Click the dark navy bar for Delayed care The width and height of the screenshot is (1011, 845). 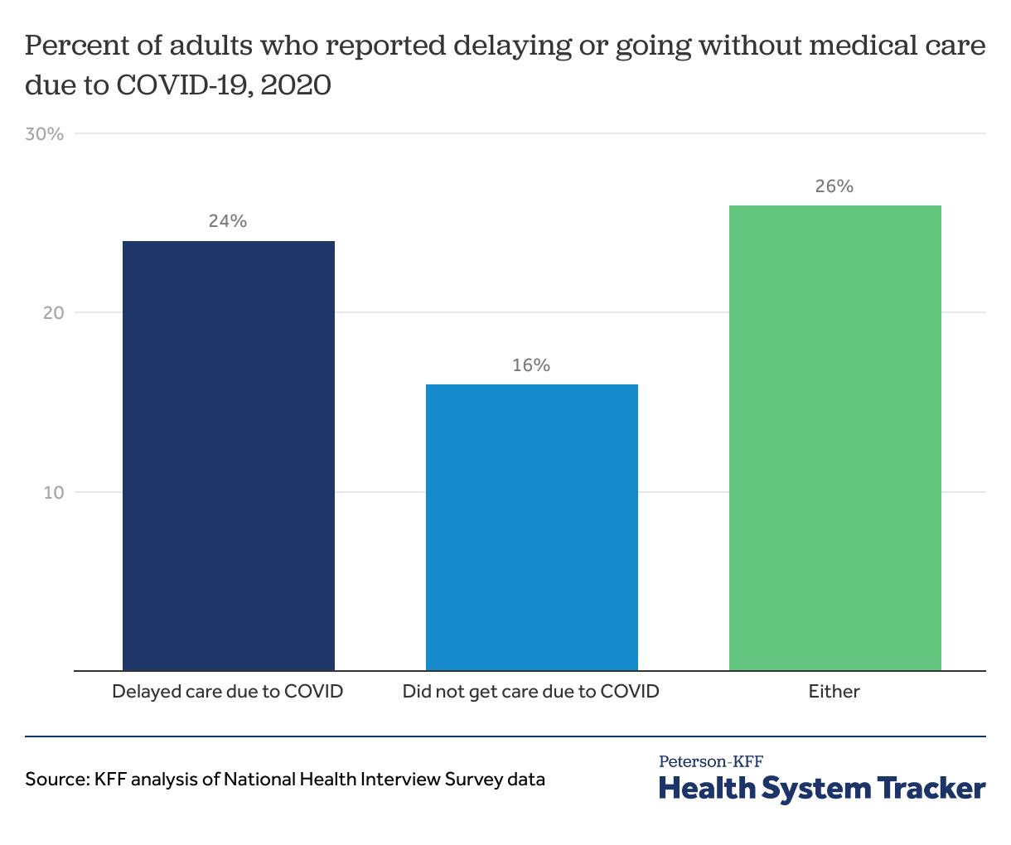click(x=228, y=456)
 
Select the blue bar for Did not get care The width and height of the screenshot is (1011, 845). click(x=531, y=527)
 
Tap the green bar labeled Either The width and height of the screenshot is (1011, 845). click(x=834, y=437)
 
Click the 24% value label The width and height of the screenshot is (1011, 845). click(x=228, y=221)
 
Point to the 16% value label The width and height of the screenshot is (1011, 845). click(x=531, y=365)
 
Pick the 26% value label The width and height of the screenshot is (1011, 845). click(x=834, y=186)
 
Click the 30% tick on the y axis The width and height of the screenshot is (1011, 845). click(x=45, y=134)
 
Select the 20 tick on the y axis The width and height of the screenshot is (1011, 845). click(x=54, y=313)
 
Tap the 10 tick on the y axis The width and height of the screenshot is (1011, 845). click(x=54, y=493)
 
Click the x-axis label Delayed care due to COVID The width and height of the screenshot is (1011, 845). click(x=228, y=691)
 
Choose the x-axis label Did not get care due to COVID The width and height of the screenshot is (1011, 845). click(x=531, y=691)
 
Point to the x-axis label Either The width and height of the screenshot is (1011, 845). click(x=834, y=691)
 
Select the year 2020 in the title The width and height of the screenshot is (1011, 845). click(x=296, y=85)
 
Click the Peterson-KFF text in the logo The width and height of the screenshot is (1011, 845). click(x=711, y=761)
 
